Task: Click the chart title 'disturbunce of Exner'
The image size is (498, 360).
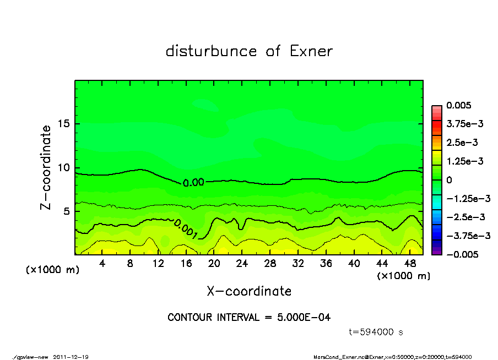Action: tap(249, 52)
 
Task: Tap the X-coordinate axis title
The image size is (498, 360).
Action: tap(249, 291)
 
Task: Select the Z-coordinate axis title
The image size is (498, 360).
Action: tap(46, 167)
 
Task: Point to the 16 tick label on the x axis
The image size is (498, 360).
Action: tap(186, 264)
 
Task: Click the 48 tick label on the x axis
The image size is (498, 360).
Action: tap(410, 264)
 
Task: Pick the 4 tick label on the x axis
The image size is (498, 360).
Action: tap(102, 264)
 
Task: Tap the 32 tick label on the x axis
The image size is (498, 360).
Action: tap(298, 264)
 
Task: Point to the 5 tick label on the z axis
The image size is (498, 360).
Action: tap(67, 211)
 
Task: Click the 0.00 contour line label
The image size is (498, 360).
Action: tap(193, 182)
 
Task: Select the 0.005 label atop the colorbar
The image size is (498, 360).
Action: tap(459, 105)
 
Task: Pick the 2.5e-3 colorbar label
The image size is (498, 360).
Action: tap(462, 143)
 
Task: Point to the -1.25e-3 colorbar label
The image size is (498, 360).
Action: tap(465, 198)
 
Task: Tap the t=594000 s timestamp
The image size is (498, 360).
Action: tap(377, 332)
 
